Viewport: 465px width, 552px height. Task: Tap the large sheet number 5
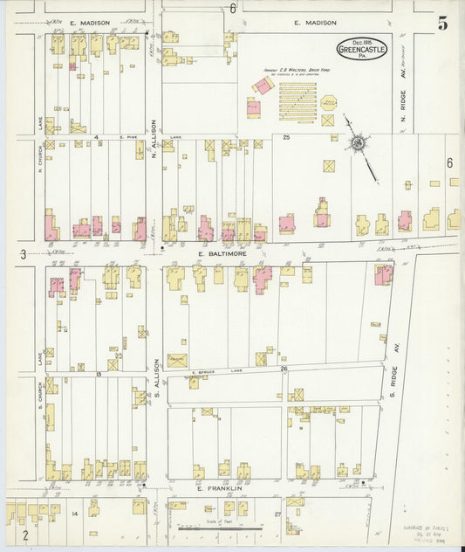pyautogui.click(x=443, y=24)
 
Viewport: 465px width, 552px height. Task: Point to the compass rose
pyautogui.click(x=358, y=142)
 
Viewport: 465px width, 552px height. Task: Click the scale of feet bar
pyautogui.click(x=206, y=528)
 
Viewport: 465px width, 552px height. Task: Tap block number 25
pyautogui.click(x=285, y=137)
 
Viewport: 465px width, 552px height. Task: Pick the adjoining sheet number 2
pyautogui.click(x=26, y=534)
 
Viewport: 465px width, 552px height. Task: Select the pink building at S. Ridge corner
pyautogui.click(x=383, y=274)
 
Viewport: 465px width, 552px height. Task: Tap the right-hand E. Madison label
pyautogui.click(x=310, y=23)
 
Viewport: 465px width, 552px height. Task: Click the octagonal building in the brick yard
pyautogui.click(x=329, y=102)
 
